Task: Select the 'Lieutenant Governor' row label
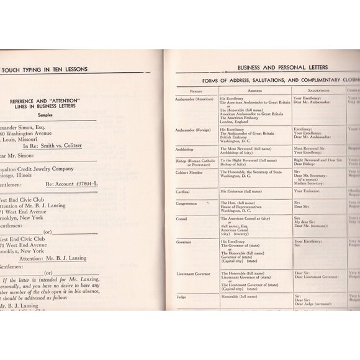192,272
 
